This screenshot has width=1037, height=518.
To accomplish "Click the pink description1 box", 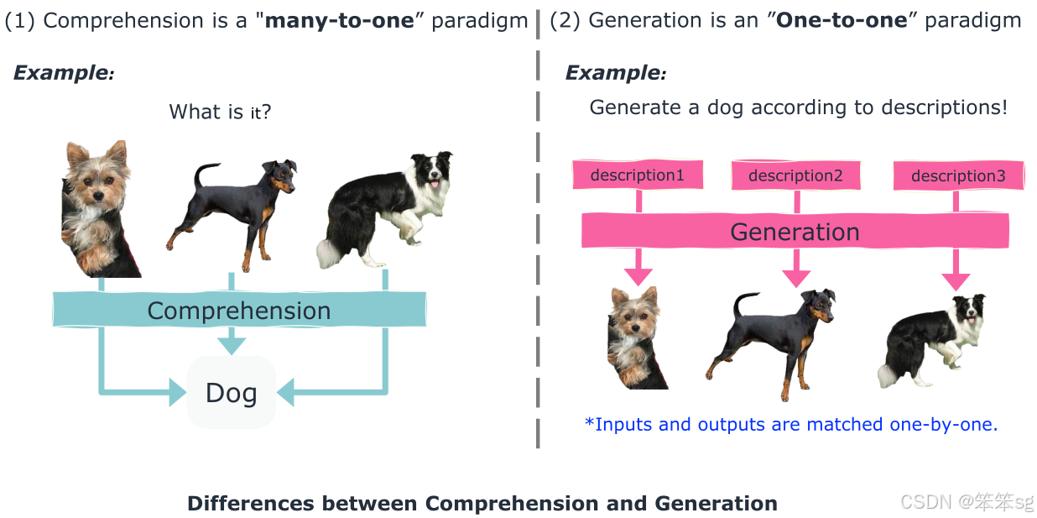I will pos(638,175).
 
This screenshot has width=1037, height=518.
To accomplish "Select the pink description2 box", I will pos(795,175).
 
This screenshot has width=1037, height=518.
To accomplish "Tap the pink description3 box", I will pos(957,176).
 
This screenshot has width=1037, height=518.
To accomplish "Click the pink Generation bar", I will pos(795,232).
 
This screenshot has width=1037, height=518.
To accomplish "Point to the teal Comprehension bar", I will pos(239,310).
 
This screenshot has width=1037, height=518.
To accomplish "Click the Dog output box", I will pos(232,393).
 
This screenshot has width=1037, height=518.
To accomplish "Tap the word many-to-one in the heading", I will pos(340,20).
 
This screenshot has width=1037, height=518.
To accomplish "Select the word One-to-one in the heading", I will pos(842,20).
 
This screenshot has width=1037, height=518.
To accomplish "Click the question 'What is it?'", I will pos(220,112).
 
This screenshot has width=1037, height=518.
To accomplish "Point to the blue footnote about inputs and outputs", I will pos(791,424).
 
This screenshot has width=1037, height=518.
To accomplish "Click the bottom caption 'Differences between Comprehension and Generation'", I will pos(482,504).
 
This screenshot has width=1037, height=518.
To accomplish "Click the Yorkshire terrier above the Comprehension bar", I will pos(99,210).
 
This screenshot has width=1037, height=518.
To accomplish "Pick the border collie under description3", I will pos(934,340).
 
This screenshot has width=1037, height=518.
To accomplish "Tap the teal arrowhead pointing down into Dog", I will pos(232,343).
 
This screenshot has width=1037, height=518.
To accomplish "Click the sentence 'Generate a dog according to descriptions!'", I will pos(798,107).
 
